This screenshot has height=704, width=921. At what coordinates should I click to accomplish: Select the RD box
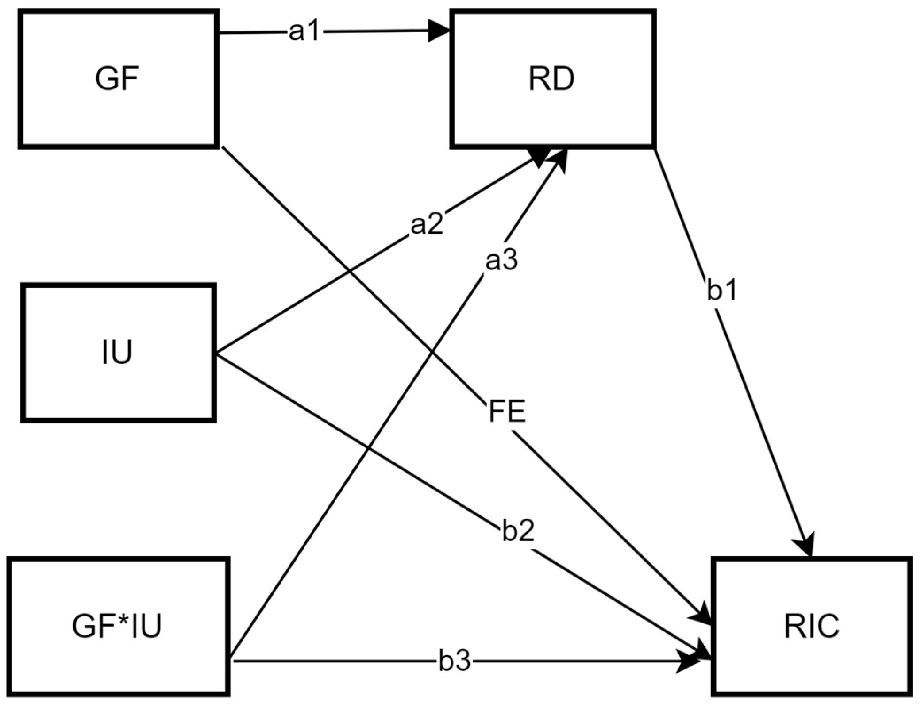(x=552, y=79)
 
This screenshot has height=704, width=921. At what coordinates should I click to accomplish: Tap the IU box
(x=118, y=353)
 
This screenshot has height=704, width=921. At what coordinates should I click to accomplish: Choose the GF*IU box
(x=118, y=626)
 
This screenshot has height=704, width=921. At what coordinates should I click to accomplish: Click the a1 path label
(x=304, y=32)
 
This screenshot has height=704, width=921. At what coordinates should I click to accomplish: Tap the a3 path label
(x=501, y=261)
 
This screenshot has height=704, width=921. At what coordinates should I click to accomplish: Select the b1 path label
(x=721, y=291)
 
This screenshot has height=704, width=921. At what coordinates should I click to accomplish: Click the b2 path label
(x=518, y=531)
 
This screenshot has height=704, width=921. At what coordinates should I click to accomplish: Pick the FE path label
(x=507, y=412)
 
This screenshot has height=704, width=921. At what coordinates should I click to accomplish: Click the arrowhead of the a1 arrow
(x=439, y=31)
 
